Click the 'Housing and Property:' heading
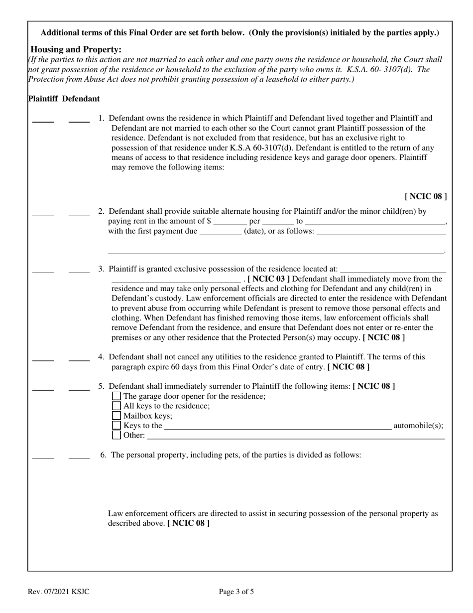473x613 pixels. [x=76, y=50]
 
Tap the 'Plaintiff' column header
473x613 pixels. [x=43, y=99]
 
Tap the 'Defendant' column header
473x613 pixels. [x=81, y=99]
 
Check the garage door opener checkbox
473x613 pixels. [x=117, y=396]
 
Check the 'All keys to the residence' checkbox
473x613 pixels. [x=117, y=406]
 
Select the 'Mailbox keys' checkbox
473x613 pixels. [x=117, y=416]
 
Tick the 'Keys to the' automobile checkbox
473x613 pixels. [x=117, y=426]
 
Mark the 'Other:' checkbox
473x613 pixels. [x=117, y=435]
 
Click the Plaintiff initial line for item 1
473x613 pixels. [x=43, y=121]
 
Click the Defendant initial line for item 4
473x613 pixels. [x=79, y=359]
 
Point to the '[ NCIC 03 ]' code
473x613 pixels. [x=268, y=279]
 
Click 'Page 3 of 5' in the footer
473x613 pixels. [x=236, y=592]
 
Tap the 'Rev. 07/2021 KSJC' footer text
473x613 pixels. [x=59, y=592]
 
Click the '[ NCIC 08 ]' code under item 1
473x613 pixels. [x=426, y=196]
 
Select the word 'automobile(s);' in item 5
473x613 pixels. [x=418, y=426]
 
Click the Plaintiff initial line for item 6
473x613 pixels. [x=43, y=457]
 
